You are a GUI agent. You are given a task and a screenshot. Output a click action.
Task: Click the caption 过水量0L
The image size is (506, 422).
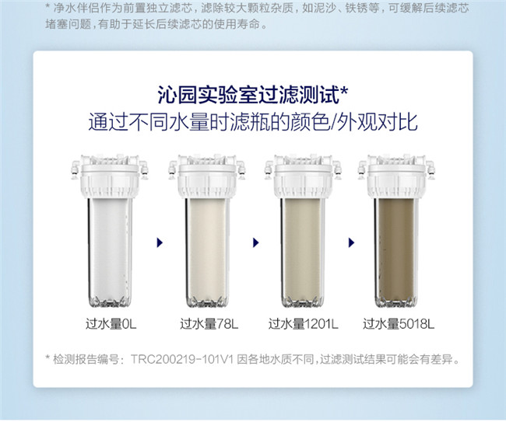click(111, 324)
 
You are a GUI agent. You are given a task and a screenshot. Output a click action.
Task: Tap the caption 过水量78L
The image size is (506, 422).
click(209, 324)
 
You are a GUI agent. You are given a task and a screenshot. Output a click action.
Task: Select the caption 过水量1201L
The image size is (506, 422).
click(304, 324)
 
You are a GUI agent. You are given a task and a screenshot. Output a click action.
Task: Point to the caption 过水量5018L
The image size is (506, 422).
click(399, 324)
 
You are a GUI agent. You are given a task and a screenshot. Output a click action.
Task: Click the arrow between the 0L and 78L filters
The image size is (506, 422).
click(160, 242)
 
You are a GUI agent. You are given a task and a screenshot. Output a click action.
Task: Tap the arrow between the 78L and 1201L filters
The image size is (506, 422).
click(256, 242)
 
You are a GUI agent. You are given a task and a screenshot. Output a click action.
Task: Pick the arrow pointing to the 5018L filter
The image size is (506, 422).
click(351, 242)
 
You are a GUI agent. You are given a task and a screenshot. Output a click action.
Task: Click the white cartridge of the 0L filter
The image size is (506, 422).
click(110, 248)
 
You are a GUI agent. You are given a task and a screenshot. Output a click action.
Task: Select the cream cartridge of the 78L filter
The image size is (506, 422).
click(207, 248)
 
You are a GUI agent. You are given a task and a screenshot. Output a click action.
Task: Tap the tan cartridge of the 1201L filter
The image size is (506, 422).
click(303, 248)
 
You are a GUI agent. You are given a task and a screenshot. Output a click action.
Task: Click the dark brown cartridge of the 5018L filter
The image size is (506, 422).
click(396, 248)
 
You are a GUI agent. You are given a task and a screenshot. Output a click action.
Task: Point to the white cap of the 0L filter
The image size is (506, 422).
click(110, 176)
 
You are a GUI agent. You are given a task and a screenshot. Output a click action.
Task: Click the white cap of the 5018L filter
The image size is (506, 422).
click(396, 176)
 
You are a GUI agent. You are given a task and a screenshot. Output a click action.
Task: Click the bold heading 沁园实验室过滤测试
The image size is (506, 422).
click(248, 95)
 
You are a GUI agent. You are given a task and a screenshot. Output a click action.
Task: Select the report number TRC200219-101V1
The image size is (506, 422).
click(181, 359)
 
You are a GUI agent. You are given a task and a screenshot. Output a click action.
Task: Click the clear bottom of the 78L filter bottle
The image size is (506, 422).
click(207, 302)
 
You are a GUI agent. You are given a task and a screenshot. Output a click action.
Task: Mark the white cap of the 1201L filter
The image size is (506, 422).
click(303, 176)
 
